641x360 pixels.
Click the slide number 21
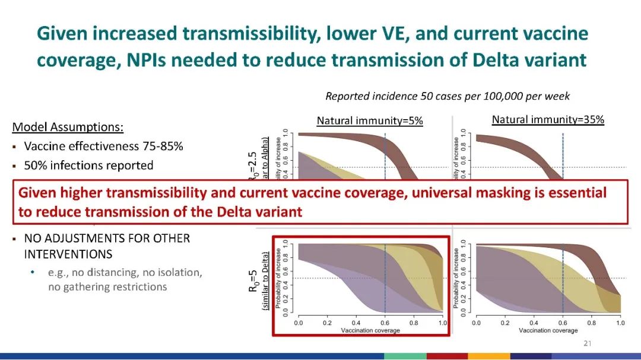point(588,343)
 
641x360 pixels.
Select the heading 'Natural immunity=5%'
point(370,121)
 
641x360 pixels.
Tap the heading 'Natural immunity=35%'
point(548,120)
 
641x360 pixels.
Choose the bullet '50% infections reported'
point(88,165)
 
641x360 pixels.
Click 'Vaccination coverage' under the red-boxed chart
point(370,330)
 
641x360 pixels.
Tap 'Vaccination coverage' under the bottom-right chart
point(548,330)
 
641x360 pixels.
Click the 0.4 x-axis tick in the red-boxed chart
point(356,323)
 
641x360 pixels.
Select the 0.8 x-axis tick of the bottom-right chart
point(591,323)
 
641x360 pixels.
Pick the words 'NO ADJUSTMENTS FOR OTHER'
point(107,238)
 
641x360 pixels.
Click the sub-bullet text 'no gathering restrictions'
point(107,287)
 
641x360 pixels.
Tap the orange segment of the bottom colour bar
point(489,356)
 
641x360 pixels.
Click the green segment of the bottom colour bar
point(405,356)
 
